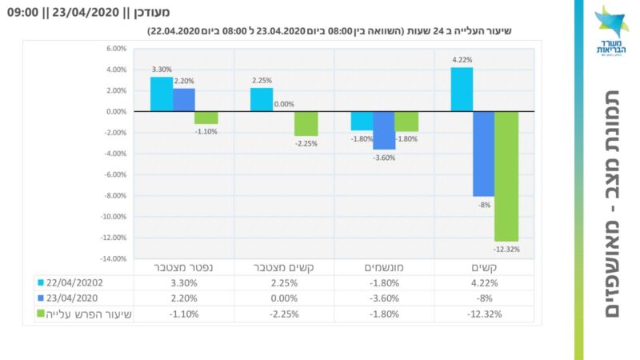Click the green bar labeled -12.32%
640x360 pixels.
(506, 176)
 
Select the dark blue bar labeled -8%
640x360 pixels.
(483, 154)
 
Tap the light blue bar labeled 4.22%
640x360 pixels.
(462, 90)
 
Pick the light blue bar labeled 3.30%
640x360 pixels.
(162, 94)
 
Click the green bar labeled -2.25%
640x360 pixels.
(306, 124)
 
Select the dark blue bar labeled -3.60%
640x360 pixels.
(384, 130)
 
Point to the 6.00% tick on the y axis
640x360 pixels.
(116, 49)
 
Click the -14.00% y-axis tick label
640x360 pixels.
(114, 259)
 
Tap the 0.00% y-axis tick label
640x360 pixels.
(116, 112)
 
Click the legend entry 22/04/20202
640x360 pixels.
(78, 282)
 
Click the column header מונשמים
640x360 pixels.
(384, 267)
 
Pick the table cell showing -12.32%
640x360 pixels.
(484, 314)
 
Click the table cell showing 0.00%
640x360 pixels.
(284, 298)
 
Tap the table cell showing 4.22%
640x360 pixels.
(484, 282)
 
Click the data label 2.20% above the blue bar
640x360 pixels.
(184, 81)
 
